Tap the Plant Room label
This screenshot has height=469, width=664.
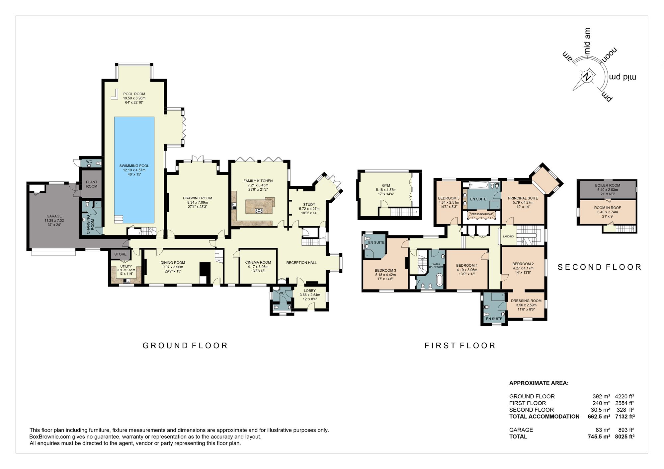pos(92,184)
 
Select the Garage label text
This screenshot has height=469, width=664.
pos(54,216)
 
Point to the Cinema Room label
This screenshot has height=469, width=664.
pos(258,262)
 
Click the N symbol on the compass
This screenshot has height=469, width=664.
pos(587,77)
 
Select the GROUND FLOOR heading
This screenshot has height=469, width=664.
pos(185,346)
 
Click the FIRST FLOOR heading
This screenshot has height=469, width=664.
pos(460,346)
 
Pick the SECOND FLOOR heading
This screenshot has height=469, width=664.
pos(599,267)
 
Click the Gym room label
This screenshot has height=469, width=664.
pos(386,185)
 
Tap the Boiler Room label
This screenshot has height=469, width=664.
pos(607,185)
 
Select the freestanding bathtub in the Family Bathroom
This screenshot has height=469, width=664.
pos(439,280)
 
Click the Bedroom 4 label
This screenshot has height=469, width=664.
pos(466,265)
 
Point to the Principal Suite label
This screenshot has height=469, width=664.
pos(523,198)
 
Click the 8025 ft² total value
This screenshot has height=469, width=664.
pos(624,436)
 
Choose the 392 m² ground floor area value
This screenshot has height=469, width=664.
pos(601,396)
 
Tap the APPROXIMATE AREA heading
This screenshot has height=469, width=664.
pos(539,383)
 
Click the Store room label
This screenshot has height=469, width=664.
pos(120,254)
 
